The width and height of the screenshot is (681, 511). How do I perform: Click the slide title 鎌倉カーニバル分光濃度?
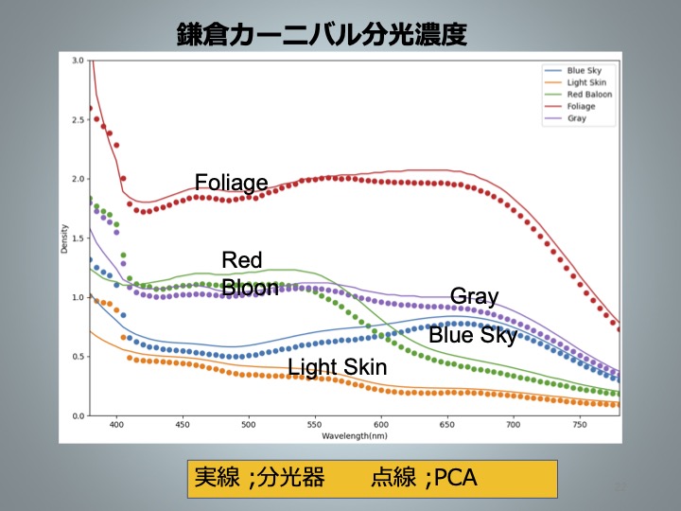[x=322, y=35]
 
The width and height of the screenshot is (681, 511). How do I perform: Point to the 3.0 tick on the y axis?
[x=79, y=61]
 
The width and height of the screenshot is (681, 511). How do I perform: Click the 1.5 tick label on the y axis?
[x=79, y=238]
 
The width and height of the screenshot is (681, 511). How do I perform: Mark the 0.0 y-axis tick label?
[x=79, y=416]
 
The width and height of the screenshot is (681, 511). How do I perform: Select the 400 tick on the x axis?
[x=116, y=427]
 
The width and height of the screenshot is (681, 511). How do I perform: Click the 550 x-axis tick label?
[x=315, y=427]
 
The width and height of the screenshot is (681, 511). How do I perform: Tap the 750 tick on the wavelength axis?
[x=580, y=427]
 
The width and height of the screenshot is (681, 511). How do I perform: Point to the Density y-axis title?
[x=65, y=238]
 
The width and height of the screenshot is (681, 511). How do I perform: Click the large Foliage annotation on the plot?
[x=231, y=182]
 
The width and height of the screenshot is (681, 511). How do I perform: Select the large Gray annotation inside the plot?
[x=474, y=296]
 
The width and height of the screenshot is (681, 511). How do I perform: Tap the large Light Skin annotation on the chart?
[x=338, y=367]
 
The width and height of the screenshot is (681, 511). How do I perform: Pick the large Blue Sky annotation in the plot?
[x=473, y=335]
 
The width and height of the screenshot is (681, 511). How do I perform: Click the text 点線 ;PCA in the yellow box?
[x=425, y=479]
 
